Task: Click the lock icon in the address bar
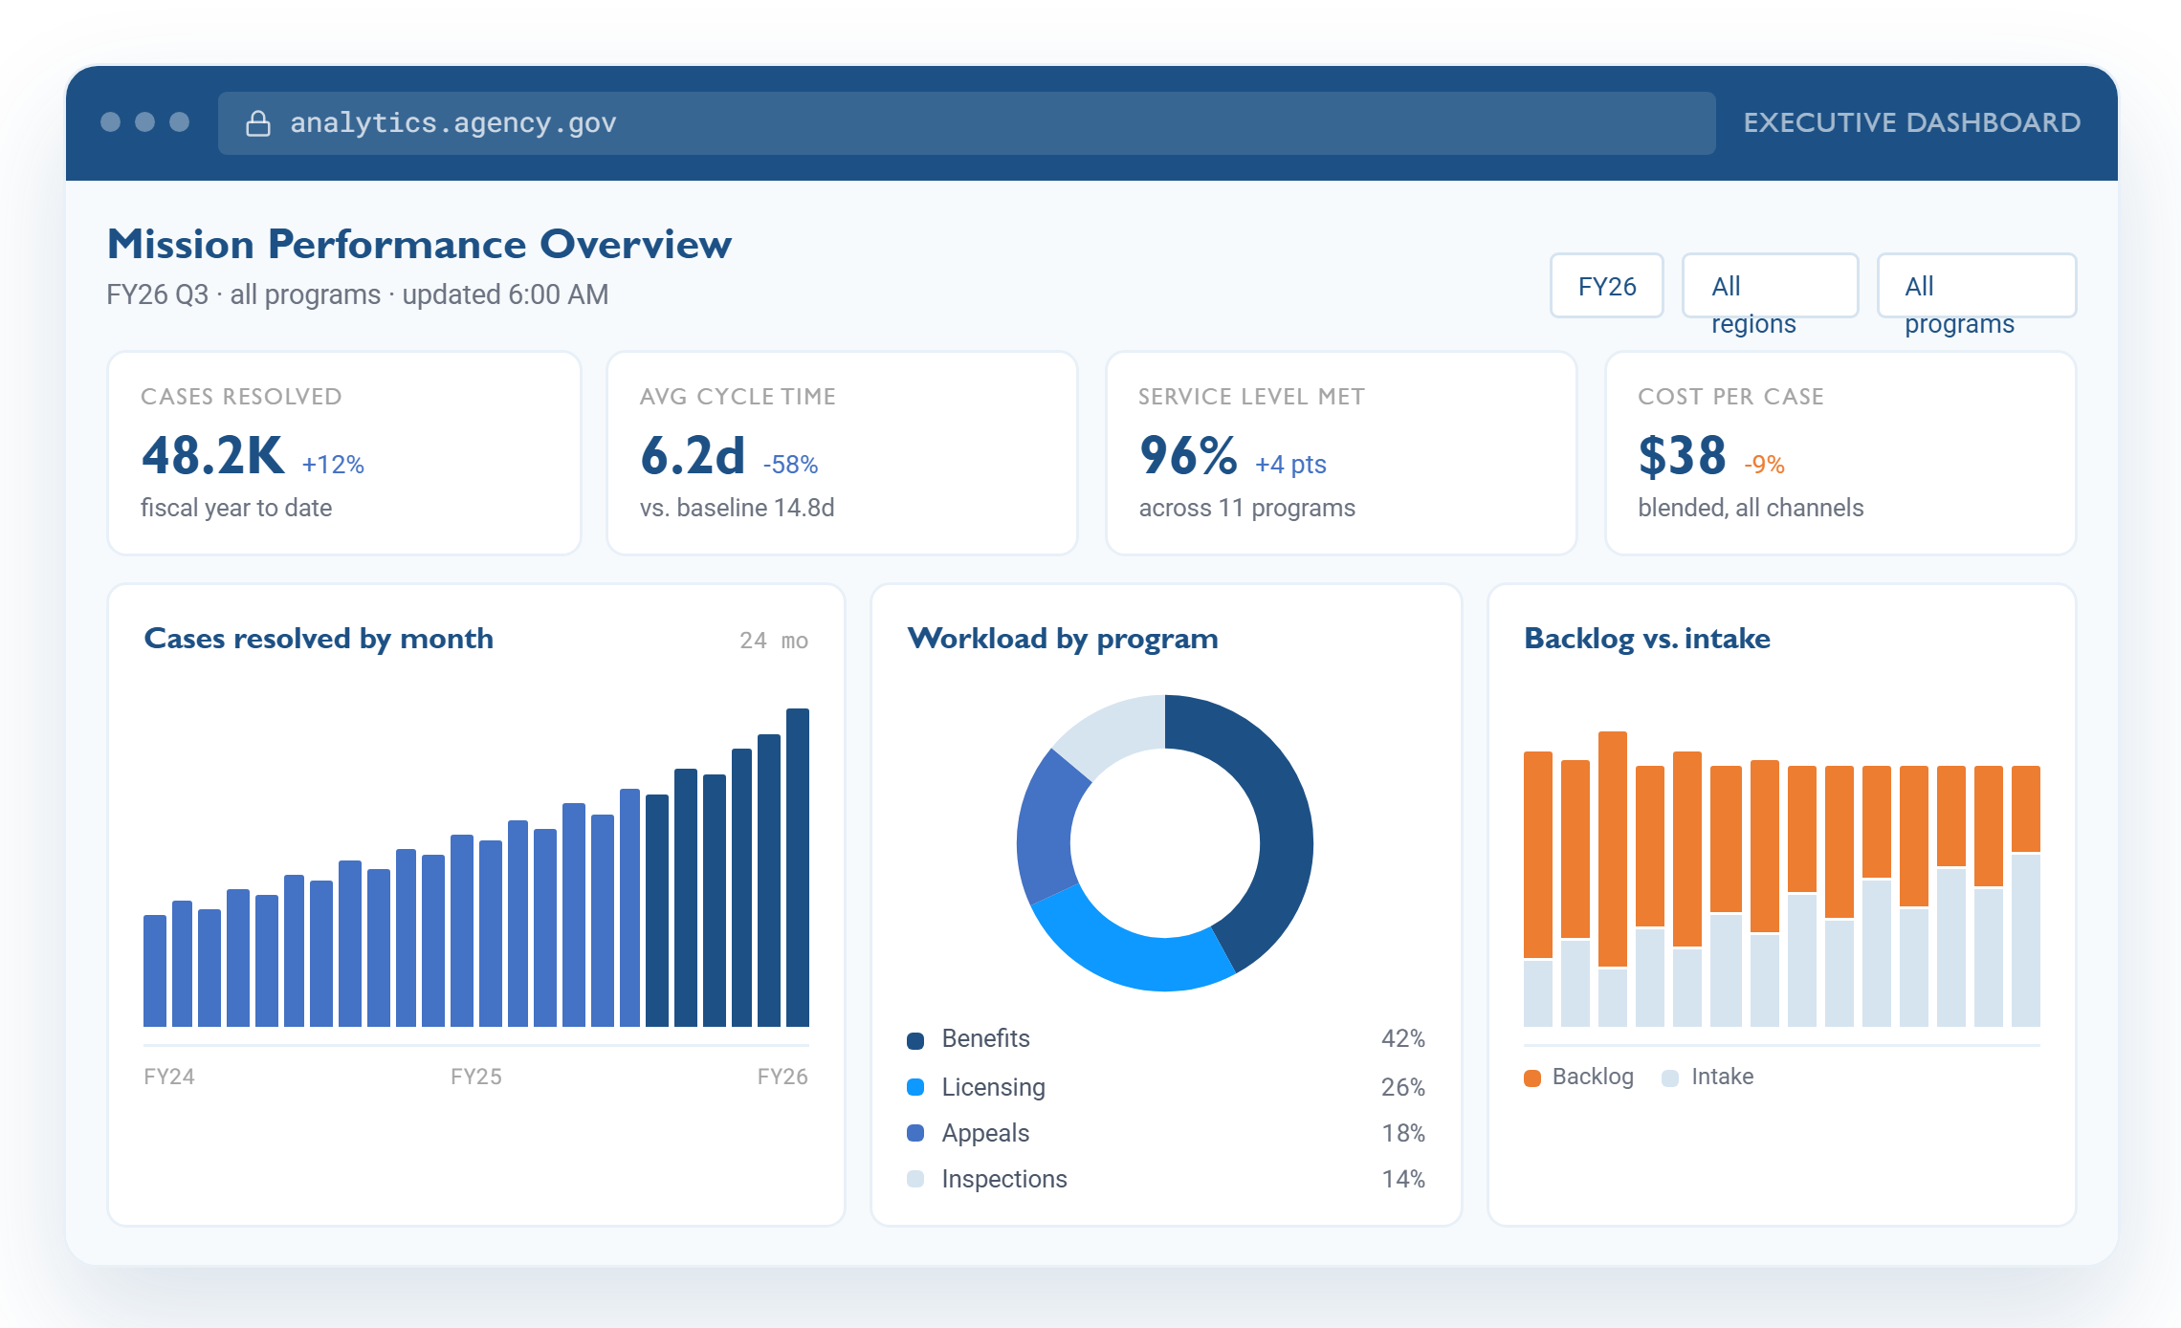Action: (257, 123)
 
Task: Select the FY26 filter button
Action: (1607, 286)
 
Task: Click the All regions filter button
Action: (1770, 286)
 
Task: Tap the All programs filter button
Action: (1976, 286)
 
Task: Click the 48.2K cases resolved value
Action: (212, 455)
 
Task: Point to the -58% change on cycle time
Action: (790, 465)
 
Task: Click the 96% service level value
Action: (1188, 455)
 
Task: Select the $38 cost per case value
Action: (1682, 455)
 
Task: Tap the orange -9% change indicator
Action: (1764, 465)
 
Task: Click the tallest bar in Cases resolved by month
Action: (798, 867)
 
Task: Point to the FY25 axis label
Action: (476, 1077)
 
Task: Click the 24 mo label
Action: (774, 641)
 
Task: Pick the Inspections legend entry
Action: (987, 1179)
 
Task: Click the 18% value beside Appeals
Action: (1403, 1133)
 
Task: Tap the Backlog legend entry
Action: (1578, 1077)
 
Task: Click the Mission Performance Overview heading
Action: (419, 245)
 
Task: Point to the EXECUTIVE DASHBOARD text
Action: (1911, 122)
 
